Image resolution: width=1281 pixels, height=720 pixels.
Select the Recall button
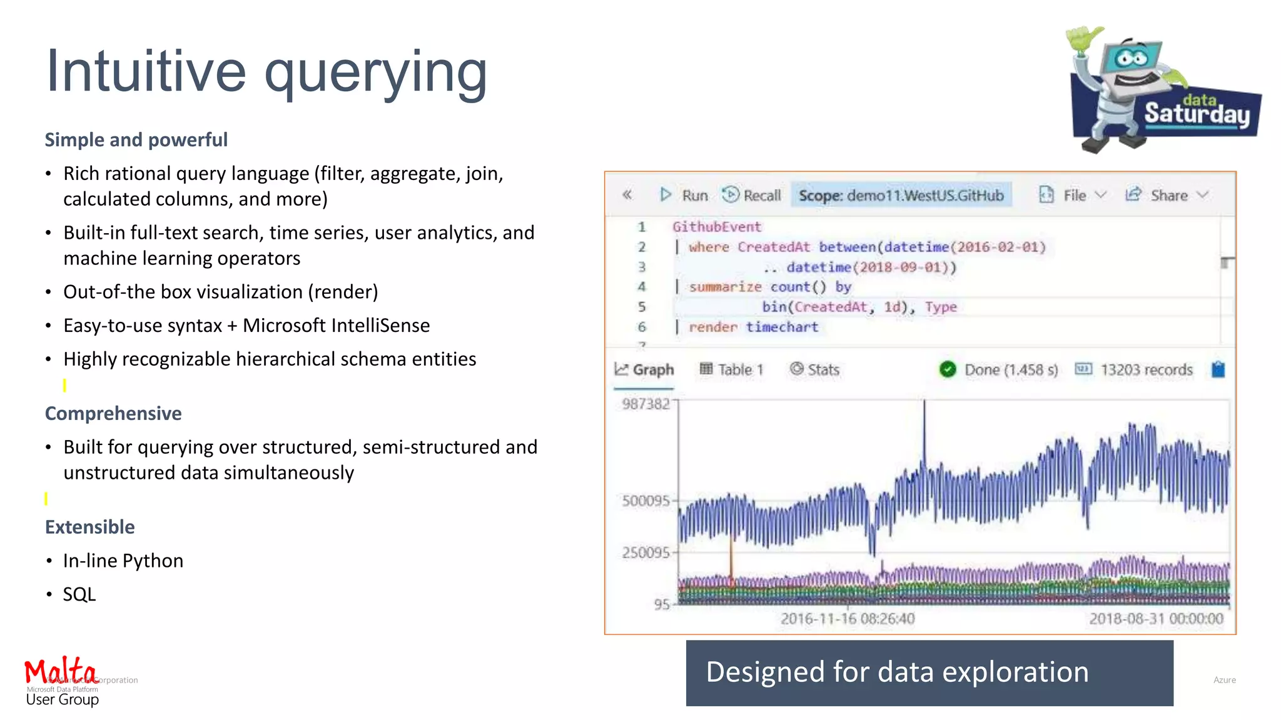[752, 196]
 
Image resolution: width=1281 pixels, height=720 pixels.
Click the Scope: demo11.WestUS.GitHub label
[901, 196]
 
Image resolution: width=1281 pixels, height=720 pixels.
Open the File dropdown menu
[1073, 196]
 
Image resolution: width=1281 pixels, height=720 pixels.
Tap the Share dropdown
[1167, 196]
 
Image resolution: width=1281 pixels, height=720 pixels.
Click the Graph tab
[644, 370]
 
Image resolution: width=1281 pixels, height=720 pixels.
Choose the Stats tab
[814, 370]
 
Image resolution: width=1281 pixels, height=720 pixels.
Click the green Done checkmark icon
[948, 370]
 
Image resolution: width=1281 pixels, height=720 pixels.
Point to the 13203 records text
[1146, 370]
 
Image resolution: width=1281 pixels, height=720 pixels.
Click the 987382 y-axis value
[646, 404]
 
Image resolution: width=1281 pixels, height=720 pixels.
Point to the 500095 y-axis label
[646, 501]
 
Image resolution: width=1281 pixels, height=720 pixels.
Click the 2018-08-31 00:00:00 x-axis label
[1156, 619]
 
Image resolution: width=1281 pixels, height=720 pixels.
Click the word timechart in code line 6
[782, 327]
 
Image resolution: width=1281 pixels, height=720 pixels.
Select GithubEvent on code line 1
[717, 227]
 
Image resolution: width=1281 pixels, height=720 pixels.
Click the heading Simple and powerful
[136, 139]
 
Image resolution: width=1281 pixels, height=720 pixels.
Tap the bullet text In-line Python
[123, 561]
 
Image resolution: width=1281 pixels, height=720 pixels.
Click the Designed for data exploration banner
[929, 672]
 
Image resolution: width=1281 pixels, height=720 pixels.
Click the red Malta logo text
[60, 671]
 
